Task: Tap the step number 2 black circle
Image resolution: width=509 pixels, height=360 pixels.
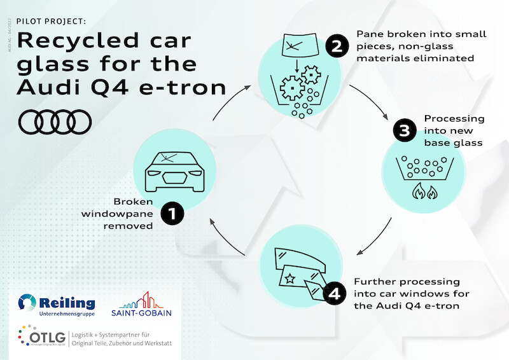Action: coord(337,46)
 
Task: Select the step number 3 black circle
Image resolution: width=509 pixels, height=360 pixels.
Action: coord(404,132)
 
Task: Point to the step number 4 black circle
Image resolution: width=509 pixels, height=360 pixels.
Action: coord(335,293)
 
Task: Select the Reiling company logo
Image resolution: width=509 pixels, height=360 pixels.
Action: coord(57,305)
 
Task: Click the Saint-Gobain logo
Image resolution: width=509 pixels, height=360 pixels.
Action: coord(141,304)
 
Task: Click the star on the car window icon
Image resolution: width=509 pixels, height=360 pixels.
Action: coord(289,278)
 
